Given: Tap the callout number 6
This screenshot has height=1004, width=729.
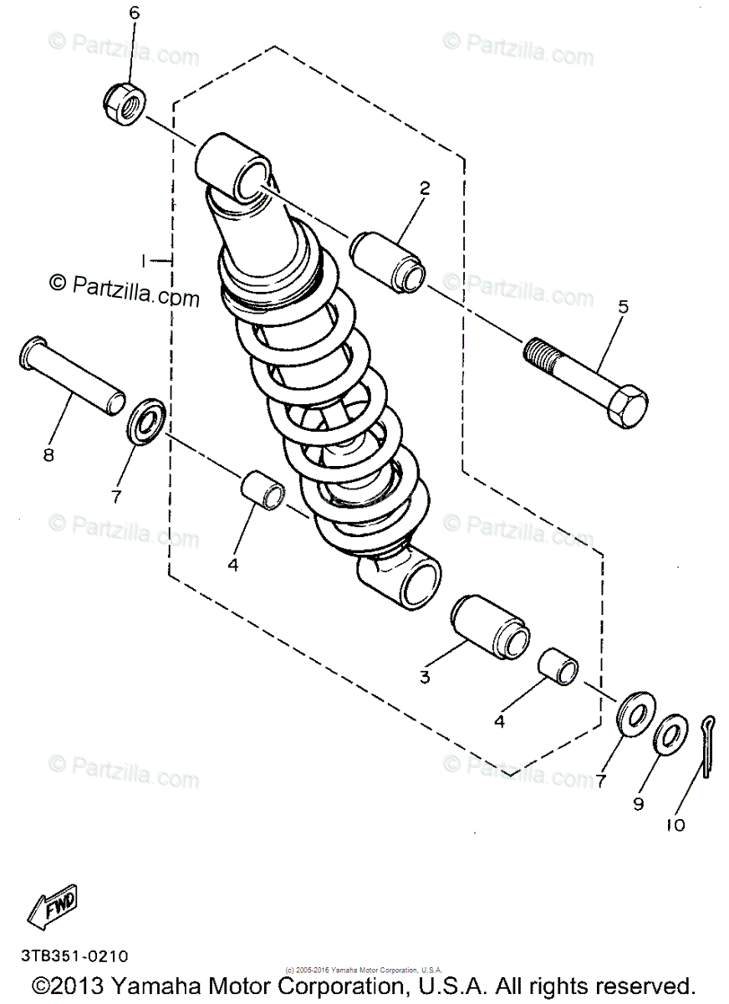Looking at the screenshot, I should (x=134, y=13).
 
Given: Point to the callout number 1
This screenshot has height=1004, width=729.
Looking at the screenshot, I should (x=144, y=261).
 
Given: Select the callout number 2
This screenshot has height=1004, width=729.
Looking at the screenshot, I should (x=425, y=188).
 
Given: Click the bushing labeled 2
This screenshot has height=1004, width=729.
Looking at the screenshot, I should (x=388, y=260).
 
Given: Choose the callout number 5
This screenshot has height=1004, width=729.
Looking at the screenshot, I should (x=623, y=306).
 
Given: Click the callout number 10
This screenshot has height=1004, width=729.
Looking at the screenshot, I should (x=675, y=825).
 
